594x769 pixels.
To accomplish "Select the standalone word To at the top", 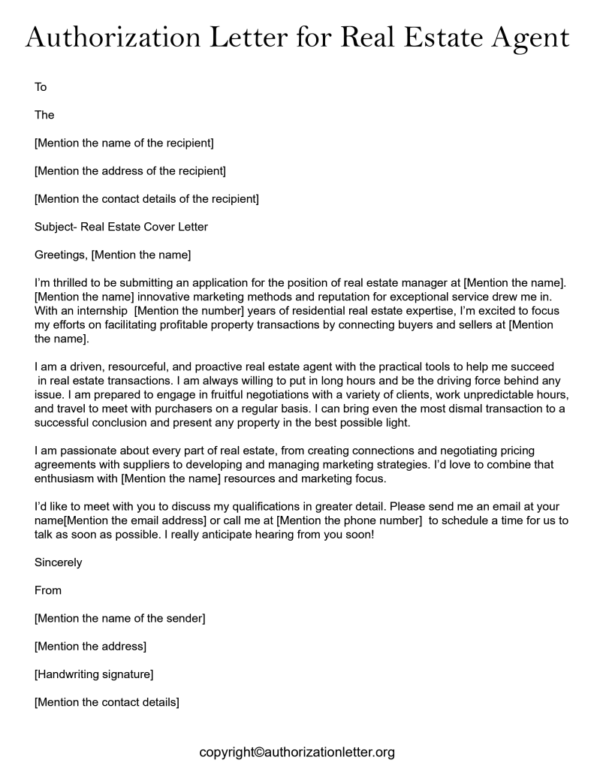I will coord(41,87).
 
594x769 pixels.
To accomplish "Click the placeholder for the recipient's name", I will coord(124,143).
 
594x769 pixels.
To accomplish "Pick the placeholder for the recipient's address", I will coord(130,170).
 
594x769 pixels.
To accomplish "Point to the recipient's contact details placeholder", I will coord(146,198).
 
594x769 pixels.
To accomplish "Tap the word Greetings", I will coord(60,255).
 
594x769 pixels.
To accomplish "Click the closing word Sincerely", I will coord(59,562).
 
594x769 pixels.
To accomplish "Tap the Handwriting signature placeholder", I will coord(94,674).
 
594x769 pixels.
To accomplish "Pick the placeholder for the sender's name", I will coord(119,618).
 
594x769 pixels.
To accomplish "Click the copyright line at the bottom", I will coord(297,752).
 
